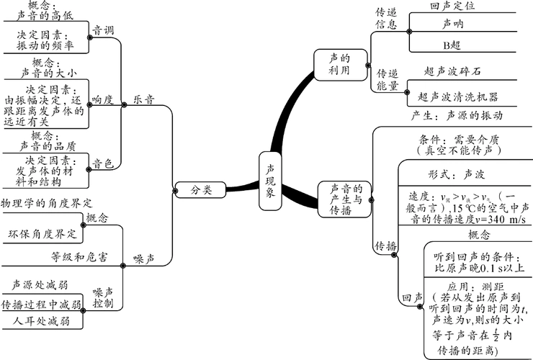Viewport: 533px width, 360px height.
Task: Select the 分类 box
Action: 202,190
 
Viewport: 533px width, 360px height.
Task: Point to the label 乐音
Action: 143,100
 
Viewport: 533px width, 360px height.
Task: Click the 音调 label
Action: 102,31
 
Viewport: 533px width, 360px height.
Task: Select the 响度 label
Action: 102,100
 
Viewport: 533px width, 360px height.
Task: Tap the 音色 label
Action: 102,163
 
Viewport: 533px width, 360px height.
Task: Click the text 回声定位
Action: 452,6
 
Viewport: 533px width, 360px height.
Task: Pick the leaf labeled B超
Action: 452,45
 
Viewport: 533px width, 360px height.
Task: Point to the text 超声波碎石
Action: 452,72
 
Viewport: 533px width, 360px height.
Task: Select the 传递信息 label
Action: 386,19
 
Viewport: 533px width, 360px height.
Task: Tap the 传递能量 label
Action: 387,79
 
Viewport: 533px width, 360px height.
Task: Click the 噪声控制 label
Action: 103,297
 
